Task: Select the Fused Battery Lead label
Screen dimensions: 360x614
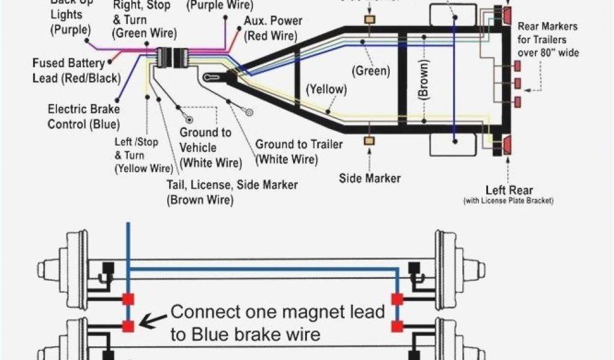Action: click(x=76, y=70)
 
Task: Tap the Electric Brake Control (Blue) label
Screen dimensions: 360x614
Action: click(x=83, y=116)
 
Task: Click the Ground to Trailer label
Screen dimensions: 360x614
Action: click(x=299, y=151)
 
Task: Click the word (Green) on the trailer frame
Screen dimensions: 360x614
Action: click(x=371, y=71)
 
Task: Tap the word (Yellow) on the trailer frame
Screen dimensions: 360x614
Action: click(x=326, y=90)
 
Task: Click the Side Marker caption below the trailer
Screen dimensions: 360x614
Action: click(x=370, y=178)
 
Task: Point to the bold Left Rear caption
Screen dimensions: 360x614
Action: click(x=509, y=191)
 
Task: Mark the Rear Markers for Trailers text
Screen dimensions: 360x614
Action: click(x=547, y=40)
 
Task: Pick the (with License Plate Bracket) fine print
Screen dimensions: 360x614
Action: click(x=508, y=200)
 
